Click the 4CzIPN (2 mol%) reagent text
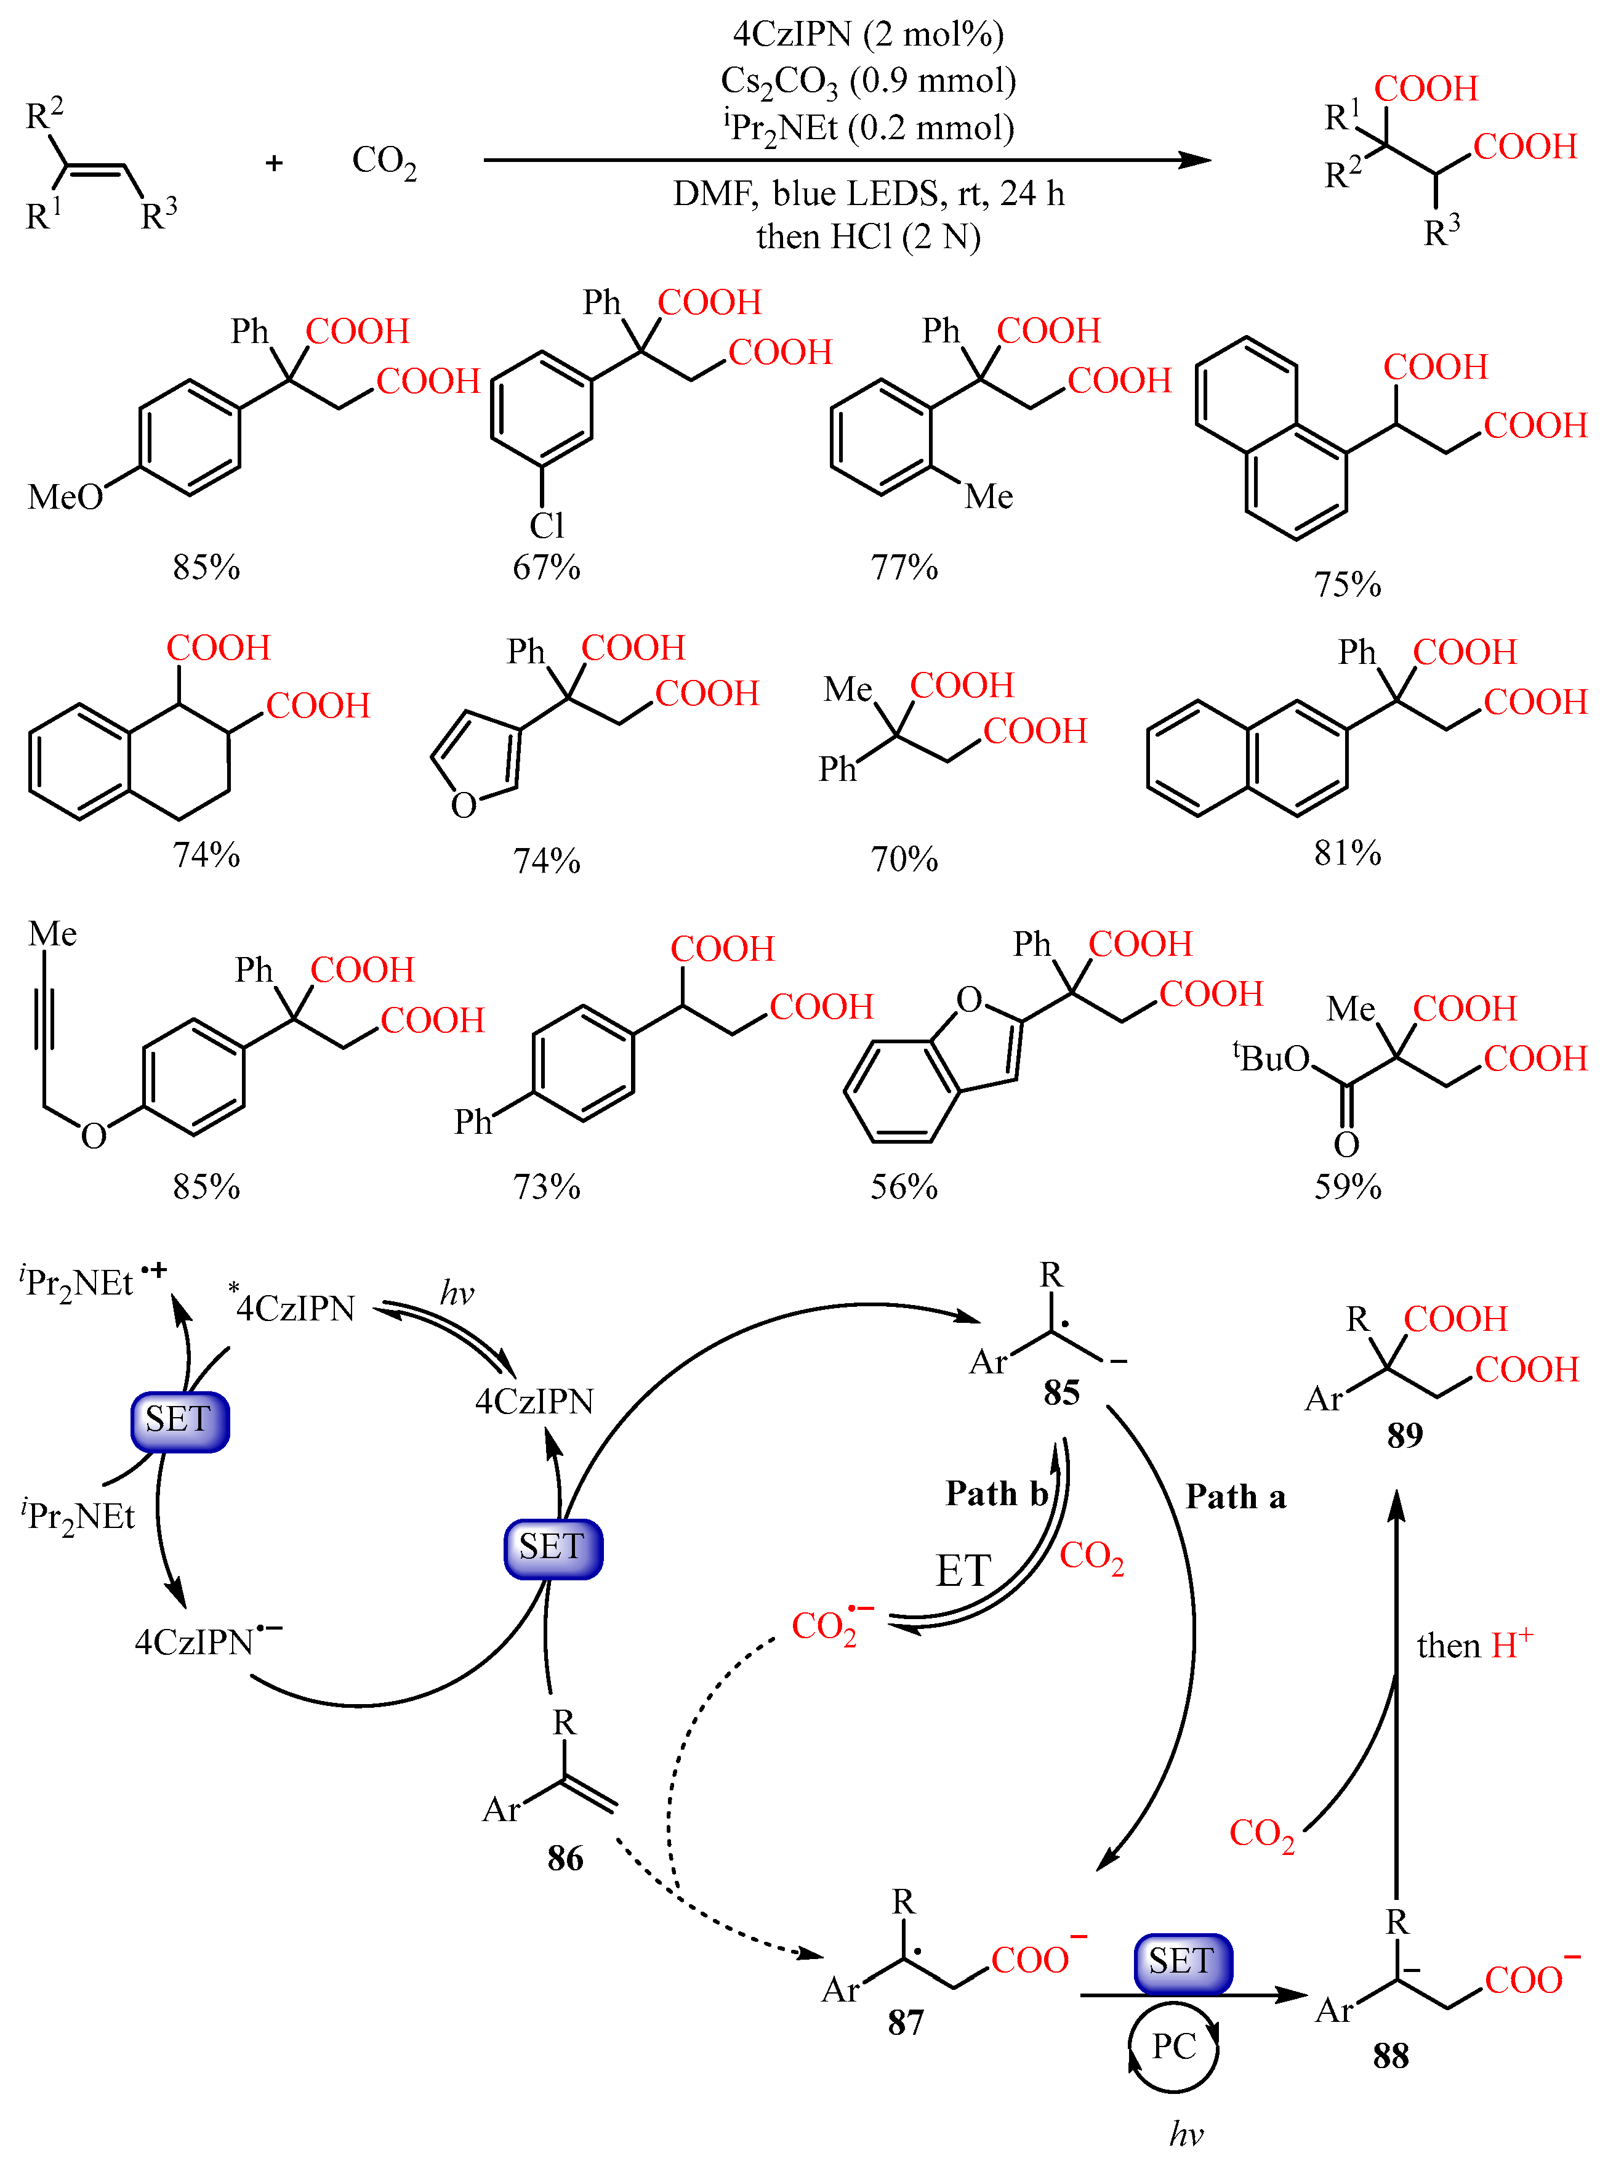coord(867,35)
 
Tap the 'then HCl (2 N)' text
coord(867,236)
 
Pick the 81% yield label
coord(1347,853)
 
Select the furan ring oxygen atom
coord(464,805)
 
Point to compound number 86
coord(565,1859)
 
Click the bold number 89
coord(1405,1435)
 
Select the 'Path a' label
coord(1235,1496)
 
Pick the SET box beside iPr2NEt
coord(180,1420)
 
